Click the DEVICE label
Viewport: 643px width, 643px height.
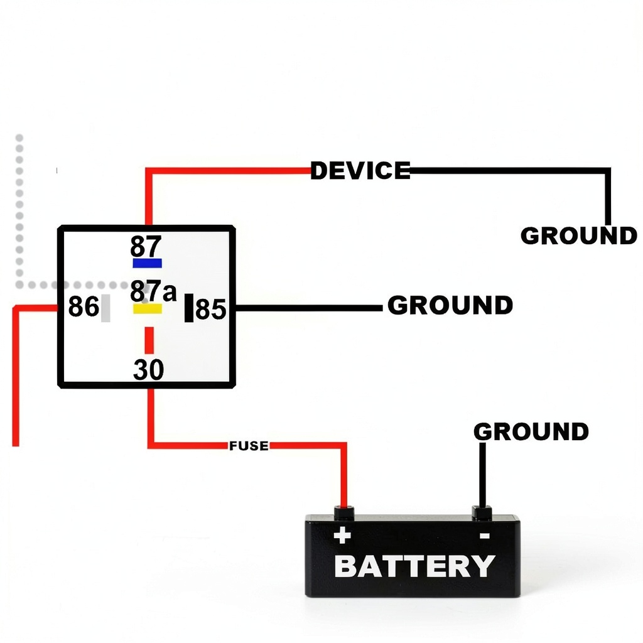click(x=360, y=170)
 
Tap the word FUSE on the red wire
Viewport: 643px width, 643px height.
click(x=249, y=446)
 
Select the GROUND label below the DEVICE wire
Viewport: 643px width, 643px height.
click(x=578, y=235)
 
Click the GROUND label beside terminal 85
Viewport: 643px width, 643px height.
click(x=450, y=305)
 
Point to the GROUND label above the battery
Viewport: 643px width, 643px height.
click(x=531, y=431)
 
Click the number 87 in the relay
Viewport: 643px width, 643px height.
click(x=146, y=246)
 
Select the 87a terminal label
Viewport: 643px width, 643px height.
click(x=153, y=291)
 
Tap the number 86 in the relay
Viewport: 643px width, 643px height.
click(x=84, y=306)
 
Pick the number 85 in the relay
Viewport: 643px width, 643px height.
click(x=211, y=309)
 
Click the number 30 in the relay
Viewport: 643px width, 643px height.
click(x=148, y=369)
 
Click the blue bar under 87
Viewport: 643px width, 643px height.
click(x=147, y=263)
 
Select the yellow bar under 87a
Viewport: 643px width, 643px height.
click(x=147, y=308)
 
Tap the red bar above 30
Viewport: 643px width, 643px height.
click(x=149, y=340)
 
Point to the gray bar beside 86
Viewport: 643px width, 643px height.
click(x=105, y=308)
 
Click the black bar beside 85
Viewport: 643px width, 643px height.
click(x=189, y=308)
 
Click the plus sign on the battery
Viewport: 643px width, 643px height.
click(x=342, y=536)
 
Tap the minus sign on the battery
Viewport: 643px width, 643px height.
click(x=485, y=536)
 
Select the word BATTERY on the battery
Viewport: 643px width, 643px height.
click(x=414, y=566)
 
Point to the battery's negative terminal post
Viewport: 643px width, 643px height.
click(x=482, y=513)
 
